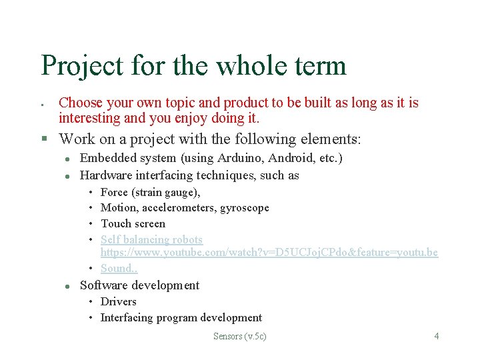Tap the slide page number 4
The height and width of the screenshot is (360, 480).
pyautogui.click(x=437, y=336)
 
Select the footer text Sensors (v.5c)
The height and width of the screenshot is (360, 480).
pyautogui.click(x=239, y=336)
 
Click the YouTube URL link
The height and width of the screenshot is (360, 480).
pyautogui.click(x=269, y=253)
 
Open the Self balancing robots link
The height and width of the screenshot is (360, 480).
pyautogui.click(x=151, y=239)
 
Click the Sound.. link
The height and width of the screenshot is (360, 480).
pyautogui.click(x=119, y=268)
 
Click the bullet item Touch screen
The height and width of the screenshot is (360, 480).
pyautogui.click(x=133, y=223)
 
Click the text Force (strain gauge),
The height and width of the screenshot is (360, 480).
pyautogui.click(x=150, y=192)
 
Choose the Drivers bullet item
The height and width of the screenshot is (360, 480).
pyautogui.click(x=118, y=301)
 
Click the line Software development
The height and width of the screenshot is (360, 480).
pyautogui.click(x=139, y=285)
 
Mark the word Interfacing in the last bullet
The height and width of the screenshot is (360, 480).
pyautogui.click(x=126, y=317)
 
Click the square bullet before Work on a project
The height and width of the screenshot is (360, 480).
pyautogui.click(x=43, y=139)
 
